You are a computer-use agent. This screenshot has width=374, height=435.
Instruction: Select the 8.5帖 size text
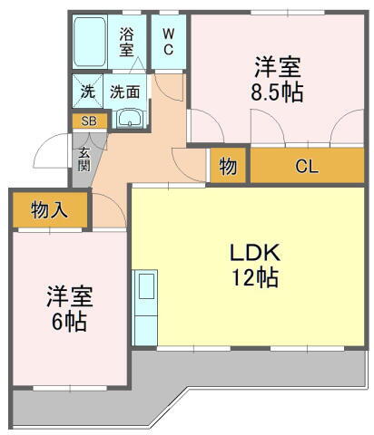tap(277, 92)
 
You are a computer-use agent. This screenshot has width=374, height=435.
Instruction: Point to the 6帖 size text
tap(69, 322)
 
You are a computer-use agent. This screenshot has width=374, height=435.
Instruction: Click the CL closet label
tap(306, 166)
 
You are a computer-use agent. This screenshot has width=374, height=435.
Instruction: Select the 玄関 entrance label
tap(83, 159)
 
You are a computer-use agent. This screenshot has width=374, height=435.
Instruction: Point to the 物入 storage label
tap(49, 211)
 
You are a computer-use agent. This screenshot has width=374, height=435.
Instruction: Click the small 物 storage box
tap(228, 166)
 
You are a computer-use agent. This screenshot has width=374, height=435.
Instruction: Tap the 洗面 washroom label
tap(124, 91)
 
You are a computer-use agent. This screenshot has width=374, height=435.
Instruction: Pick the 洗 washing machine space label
tap(88, 91)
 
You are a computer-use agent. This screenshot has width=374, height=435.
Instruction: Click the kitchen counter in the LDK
tap(145, 306)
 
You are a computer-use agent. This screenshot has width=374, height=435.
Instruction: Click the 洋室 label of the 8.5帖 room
tap(277, 67)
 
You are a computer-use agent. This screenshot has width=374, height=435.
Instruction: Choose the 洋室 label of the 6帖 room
tap(69, 297)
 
